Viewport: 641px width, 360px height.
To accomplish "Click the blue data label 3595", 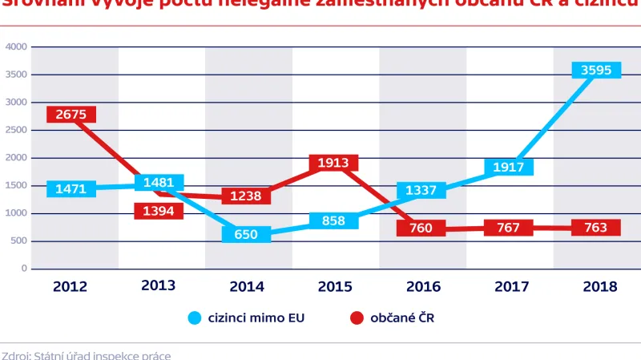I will pos(595,70).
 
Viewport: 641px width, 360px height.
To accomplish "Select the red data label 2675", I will pos(71,114).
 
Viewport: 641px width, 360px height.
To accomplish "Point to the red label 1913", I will pos(333,163).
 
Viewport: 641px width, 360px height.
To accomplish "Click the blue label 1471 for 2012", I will pos(71,189).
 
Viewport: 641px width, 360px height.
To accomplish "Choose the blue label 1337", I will pos(421,190).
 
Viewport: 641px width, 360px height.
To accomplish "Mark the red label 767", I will pos(508,228).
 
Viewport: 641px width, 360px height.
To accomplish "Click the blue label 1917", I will pos(508,167).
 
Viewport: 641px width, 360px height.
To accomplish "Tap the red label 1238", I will pos(246,196).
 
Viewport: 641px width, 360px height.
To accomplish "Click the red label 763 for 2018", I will pos(595,228).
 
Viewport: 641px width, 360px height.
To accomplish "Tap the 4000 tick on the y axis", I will pos(17,47).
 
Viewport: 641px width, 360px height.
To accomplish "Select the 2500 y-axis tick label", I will pos(17,130).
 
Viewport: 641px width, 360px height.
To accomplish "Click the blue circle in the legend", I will pos(195,318).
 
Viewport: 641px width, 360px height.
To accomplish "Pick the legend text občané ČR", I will pos(402,318).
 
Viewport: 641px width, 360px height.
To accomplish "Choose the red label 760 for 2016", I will pos(421,228).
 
